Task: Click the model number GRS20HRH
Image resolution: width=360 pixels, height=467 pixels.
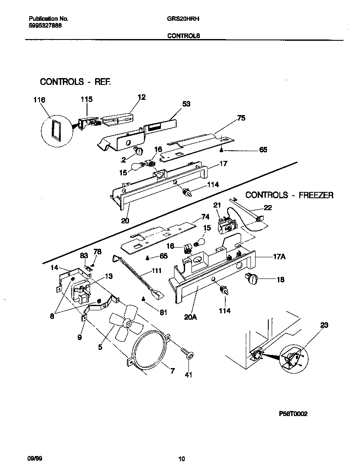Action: pos(180,19)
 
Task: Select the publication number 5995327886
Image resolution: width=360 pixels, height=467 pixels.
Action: pos(42,25)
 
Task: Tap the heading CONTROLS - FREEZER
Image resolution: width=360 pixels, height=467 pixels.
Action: pos(289,195)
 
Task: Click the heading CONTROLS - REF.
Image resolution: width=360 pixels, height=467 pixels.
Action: pos(75,82)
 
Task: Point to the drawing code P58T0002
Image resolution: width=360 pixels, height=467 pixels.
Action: pos(293,414)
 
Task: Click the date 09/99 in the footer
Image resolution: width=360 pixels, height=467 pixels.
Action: pos(34,459)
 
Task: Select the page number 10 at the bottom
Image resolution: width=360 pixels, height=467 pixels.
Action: pos(181,459)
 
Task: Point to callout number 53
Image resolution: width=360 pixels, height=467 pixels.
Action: pos(186,104)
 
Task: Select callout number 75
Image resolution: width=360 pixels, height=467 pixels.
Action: pos(241,118)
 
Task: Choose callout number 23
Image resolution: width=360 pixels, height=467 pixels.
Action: pos(324,326)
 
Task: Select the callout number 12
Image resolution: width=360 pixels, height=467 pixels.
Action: pos(141,97)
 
